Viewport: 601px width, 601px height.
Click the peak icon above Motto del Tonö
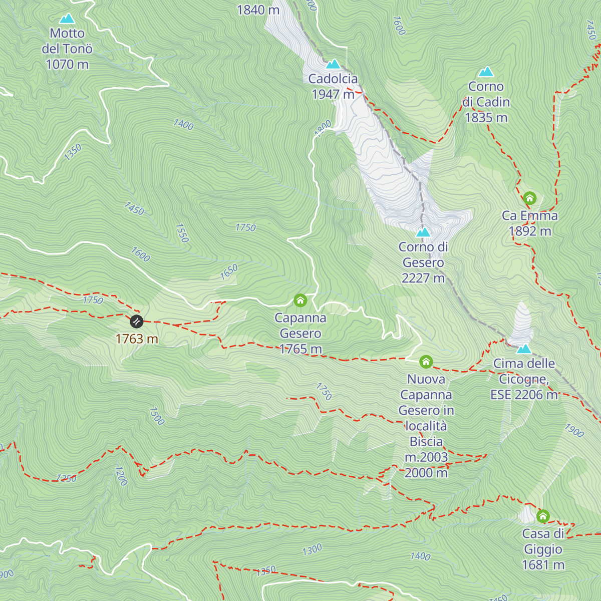click(x=67, y=19)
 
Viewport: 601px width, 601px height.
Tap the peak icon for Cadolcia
click(x=333, y=65)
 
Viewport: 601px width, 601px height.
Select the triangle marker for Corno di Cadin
click(x=486, y=72)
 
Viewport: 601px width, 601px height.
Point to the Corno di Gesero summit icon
click(x=423, y=232)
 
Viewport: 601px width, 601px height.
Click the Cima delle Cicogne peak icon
click(x=524, y=349)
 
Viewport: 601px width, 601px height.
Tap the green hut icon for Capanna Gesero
click(x=300, y=300)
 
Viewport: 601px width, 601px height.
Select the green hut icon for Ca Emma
click(x=529, y=198)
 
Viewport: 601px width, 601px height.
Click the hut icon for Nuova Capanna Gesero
click(x=426, y=362)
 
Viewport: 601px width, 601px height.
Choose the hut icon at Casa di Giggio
click(x=543, y=516)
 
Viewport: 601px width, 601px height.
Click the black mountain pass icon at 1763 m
click(x=137, y=321)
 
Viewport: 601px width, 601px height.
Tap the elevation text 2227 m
click(x=423, y=278)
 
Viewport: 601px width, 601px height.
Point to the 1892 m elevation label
click(x=530, y=231)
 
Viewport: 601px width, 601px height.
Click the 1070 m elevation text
click(x=67, y=65)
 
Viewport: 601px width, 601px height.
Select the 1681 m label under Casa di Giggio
click(x=543, y=565)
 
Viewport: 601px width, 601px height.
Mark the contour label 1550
click(x=182, y=233)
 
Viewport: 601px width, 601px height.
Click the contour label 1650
click(x=229, y=272)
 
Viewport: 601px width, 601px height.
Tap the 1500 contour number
click(x=156, y=416)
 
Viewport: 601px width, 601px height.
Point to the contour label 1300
click(x=312, y=550)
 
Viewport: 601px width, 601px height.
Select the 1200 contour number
click(x=121, y=476)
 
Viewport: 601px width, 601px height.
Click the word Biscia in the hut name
click(x=426, y=441)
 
